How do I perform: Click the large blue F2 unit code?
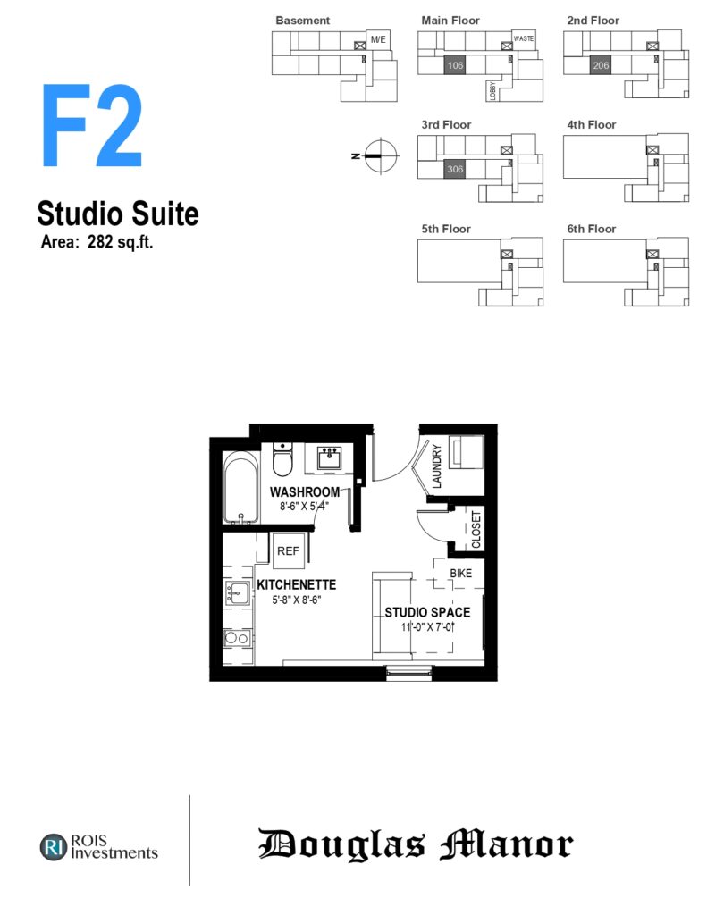tap(92, 125)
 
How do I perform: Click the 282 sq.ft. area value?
tap(121, 241)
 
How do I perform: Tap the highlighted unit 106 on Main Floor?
tap(455, 65)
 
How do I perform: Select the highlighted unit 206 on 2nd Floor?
tap(601, 65)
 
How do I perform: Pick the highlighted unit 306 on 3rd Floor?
tap(455, 169)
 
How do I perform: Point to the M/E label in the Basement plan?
tap(378, 39)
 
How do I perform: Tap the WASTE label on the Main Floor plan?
tap(524, 38)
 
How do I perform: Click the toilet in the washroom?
tap(282, 459)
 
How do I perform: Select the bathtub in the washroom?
tap(241, 488)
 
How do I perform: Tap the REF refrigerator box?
tap(288, 550)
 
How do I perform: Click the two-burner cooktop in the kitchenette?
tap(237, 638)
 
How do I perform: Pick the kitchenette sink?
tap(237, 593)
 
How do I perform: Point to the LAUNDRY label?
tap(437, 466)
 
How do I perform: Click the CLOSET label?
tap(476, 529)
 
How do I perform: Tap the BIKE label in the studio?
tap(460, 574)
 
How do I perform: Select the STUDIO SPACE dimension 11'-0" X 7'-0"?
tap(427, 627)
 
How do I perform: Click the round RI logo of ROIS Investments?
tap(54, 847)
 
